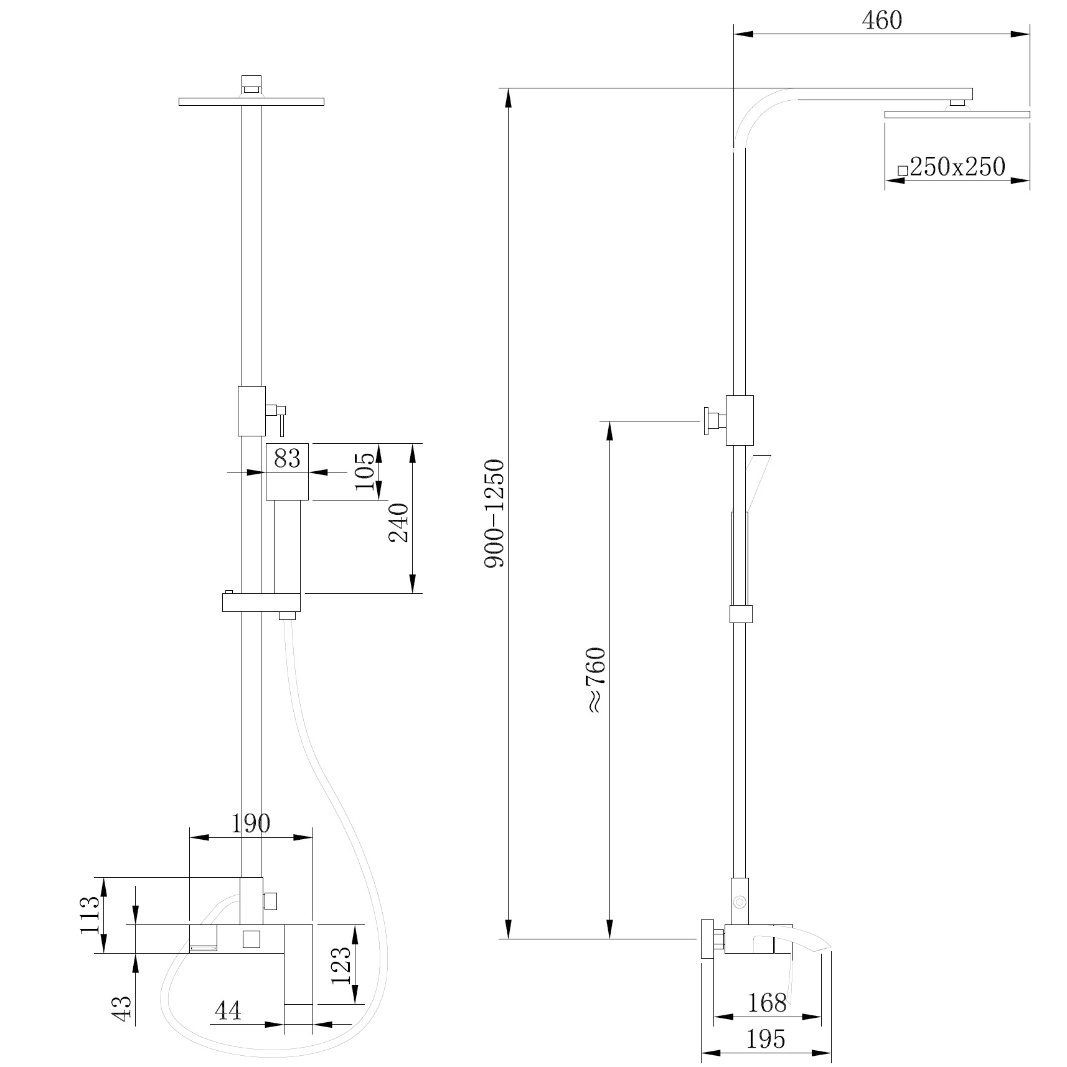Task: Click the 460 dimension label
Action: point(881,21)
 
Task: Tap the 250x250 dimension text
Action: point(957,167)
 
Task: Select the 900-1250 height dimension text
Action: point(495,514)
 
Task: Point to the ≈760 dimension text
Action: point(596,680)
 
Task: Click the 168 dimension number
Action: point(767,1003)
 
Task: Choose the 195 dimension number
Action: point(766,1039)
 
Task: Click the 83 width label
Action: point(287,458)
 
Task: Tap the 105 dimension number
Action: point(367,471)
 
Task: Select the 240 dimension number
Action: point(399,522)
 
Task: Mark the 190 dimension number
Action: point(251,824)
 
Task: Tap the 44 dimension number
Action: point(227,1012)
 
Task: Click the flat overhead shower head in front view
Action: point(251,101)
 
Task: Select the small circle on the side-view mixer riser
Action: point(740,901)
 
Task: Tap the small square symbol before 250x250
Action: point(902,170)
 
